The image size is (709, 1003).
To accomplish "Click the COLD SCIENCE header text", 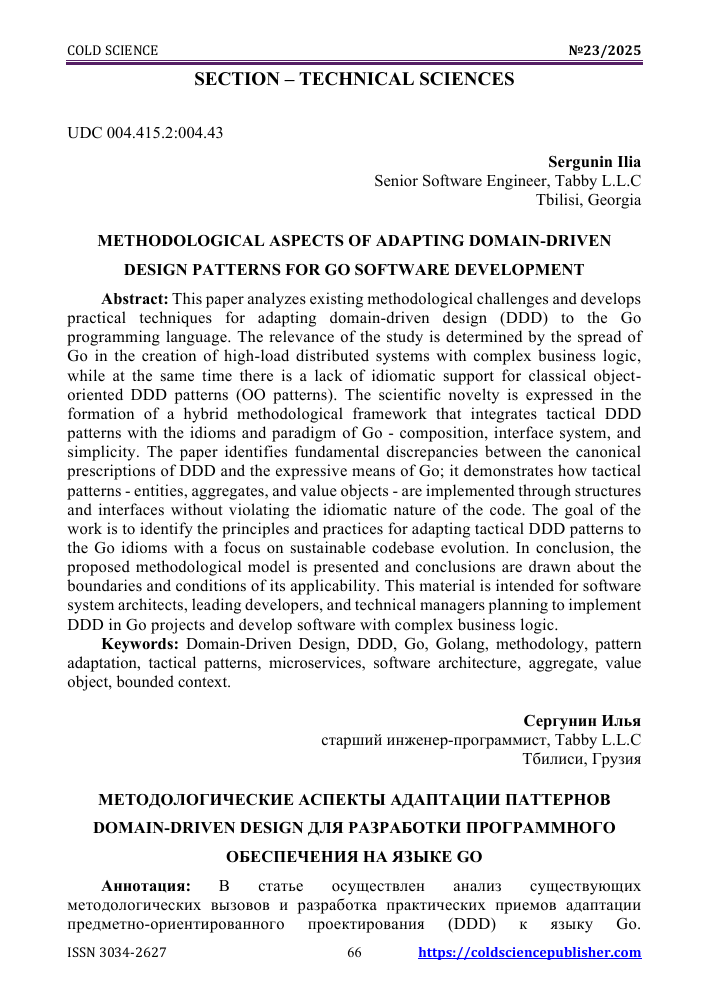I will click(112, 51).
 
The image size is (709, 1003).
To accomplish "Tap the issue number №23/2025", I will click(604, 51).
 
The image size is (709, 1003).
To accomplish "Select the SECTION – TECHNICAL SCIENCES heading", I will click(354, 79).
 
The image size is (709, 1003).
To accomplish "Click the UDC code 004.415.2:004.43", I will click(145, 133).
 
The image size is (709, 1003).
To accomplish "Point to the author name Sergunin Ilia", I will click(594, 161).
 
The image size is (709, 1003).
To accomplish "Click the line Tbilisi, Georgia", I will click(589, 199).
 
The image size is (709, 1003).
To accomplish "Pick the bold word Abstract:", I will click(136, 299).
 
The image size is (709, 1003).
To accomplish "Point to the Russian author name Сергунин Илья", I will click(581, 721).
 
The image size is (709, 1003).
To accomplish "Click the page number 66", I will click(354, 953).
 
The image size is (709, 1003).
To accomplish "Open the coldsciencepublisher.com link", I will click(529, 953).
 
